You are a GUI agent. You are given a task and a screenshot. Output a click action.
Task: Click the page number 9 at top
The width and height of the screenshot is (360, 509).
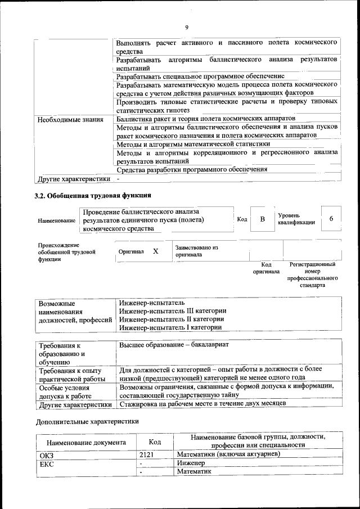click(186, 26)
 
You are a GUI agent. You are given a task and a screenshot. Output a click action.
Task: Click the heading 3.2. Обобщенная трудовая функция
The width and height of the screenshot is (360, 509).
click(93, 196)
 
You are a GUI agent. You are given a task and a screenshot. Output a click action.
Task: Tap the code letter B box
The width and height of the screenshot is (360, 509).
click(262, 219)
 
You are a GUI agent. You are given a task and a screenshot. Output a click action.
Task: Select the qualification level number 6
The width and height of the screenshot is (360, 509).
click(331, 219)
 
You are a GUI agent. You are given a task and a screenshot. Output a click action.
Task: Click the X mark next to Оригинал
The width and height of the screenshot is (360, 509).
click(156, 251)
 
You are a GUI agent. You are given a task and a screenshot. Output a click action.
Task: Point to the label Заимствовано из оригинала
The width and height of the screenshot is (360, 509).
click(196, 251)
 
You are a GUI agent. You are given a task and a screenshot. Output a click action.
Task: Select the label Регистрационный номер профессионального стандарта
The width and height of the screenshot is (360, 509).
click(312, 274)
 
